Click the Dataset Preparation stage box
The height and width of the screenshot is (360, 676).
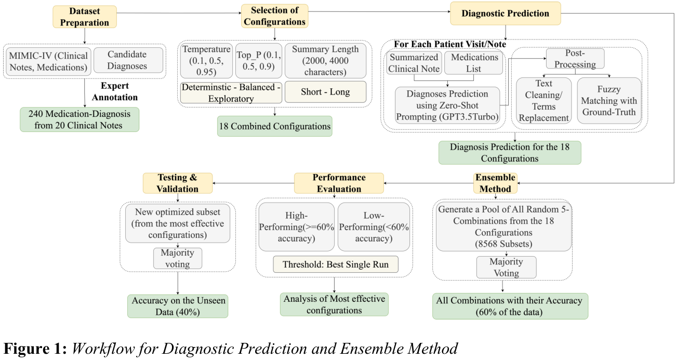(84, 16)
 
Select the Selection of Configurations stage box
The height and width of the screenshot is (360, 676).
(274, 16)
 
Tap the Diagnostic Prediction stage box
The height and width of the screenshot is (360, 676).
(505, 13)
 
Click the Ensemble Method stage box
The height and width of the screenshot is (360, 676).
(495, 183)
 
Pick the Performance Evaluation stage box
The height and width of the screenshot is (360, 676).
(339, 183)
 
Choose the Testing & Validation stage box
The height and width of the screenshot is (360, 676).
(178, 183)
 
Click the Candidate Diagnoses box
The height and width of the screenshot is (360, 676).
(128, 60)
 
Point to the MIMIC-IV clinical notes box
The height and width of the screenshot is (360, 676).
(48, 60)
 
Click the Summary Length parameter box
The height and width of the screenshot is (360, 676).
(325, 61)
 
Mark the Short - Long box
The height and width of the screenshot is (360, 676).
(325, 92)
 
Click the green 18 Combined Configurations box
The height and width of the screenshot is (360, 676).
(274, 126)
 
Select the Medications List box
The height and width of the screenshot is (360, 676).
(473, 62)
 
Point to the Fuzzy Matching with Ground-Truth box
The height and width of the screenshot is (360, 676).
(608, 100)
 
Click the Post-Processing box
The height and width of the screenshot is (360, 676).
(575, 58)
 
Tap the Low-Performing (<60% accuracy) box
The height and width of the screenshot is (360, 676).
(374, 227)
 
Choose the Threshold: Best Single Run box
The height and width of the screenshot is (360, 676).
(335, 264)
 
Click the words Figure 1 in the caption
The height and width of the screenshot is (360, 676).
(35, 348)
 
